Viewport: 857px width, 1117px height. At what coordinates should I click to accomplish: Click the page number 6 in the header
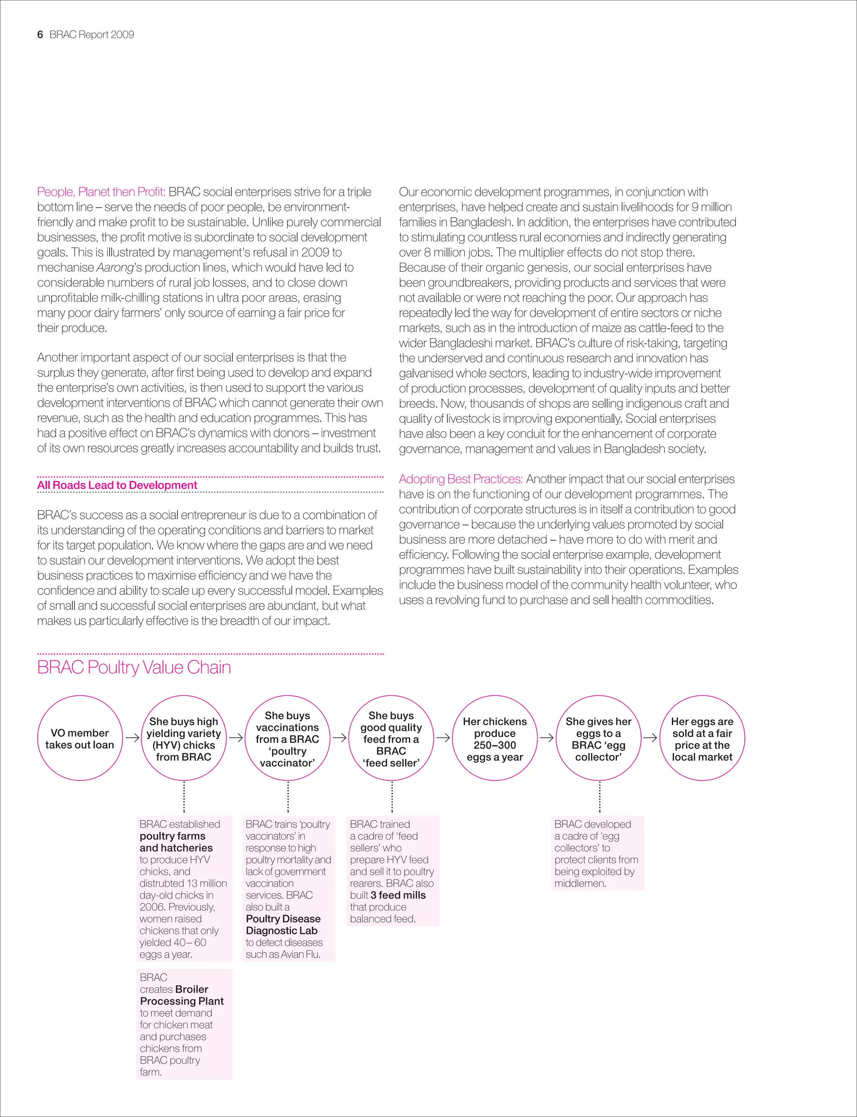coord(40,35)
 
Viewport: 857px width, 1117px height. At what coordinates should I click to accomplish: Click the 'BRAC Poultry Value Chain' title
coord(133,667)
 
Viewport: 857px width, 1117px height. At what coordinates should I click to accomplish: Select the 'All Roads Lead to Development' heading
coord(117,485)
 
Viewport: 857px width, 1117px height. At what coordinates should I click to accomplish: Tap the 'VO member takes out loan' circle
coord(80,738)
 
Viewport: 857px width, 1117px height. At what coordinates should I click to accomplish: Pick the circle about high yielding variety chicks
coord(184,738)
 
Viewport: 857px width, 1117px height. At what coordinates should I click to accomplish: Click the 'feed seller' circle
coord(391,738)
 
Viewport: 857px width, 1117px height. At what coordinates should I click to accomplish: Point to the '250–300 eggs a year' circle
coord(495,738)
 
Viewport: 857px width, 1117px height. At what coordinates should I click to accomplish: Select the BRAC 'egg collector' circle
coord(598,738)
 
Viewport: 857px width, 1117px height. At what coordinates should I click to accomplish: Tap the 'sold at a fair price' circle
coord(702,738)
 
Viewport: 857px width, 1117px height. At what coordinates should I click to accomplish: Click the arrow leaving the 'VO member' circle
coord(132,738)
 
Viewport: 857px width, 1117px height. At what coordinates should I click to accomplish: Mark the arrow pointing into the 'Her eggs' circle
coord(650,738)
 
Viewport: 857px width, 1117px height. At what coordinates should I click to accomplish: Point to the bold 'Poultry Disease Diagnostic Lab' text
coord(283,925)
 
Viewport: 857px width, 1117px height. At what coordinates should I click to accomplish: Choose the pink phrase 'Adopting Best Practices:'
coord(461,479)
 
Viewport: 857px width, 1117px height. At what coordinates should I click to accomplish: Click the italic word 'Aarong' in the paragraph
coord(115,268)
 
